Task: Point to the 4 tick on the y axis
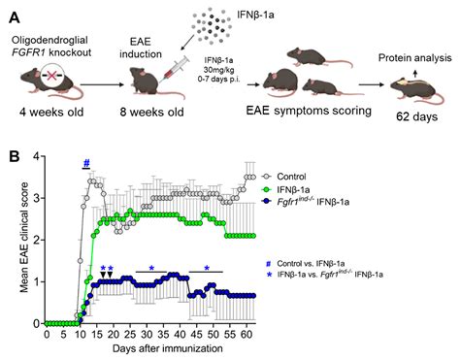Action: pos(36,155)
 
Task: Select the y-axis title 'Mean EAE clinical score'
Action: pos(13,239)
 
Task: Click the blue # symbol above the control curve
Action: pos(86,163)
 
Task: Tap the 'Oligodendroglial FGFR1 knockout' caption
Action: pos(57,36)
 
